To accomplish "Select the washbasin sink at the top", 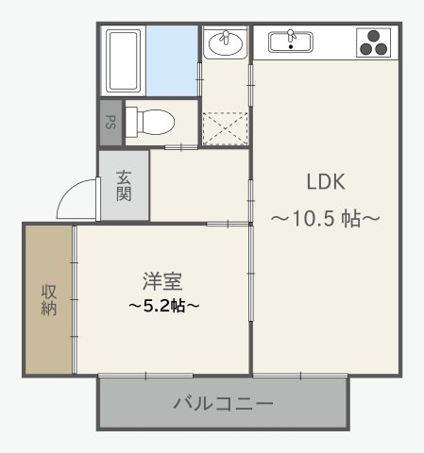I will click(x=225, y=42).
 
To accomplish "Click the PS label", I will click(x=110, y=123).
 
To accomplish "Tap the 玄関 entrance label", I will click(x=124, y=185).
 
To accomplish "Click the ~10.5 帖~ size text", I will click(x=326, y=219).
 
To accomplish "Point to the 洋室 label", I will click(x=161, y=280).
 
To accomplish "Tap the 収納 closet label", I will click(x=48, y=300).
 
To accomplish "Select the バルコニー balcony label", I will click(x=223, y=404).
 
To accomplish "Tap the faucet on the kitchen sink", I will click(x=291, y=36).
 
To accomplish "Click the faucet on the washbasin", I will click(x=225, y=36).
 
